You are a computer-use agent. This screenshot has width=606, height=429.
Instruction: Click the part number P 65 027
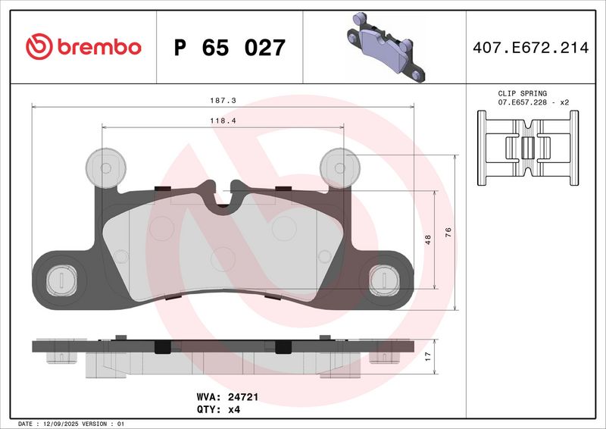coord(230,48)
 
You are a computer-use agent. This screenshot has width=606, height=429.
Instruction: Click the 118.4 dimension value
coord(221,120)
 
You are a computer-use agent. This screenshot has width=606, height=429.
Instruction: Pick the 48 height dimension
coord(427,240)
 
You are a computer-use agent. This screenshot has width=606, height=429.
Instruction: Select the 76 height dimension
coord(448,232)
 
